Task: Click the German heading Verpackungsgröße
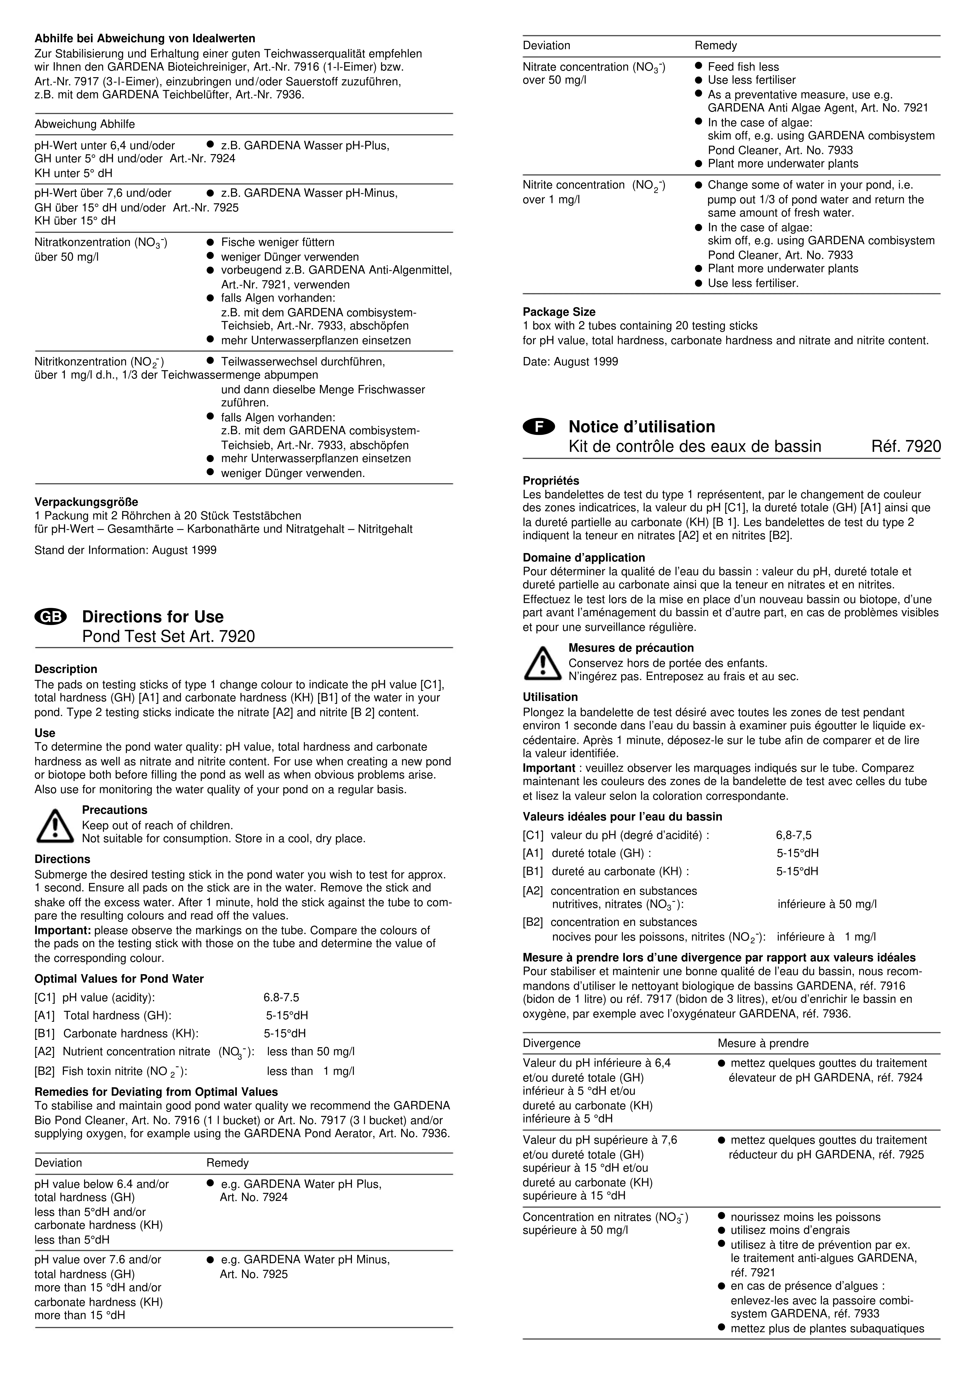click(x=86, y=501)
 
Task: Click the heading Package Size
click(x=559, y=312)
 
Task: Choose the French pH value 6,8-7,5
click(x=793, y=835)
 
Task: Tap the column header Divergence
click(x=551, y=1043)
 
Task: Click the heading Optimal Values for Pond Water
click(x=119, y=978)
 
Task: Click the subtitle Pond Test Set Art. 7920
click(x=168, y=637)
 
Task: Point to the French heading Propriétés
click(x=551, y=481)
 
